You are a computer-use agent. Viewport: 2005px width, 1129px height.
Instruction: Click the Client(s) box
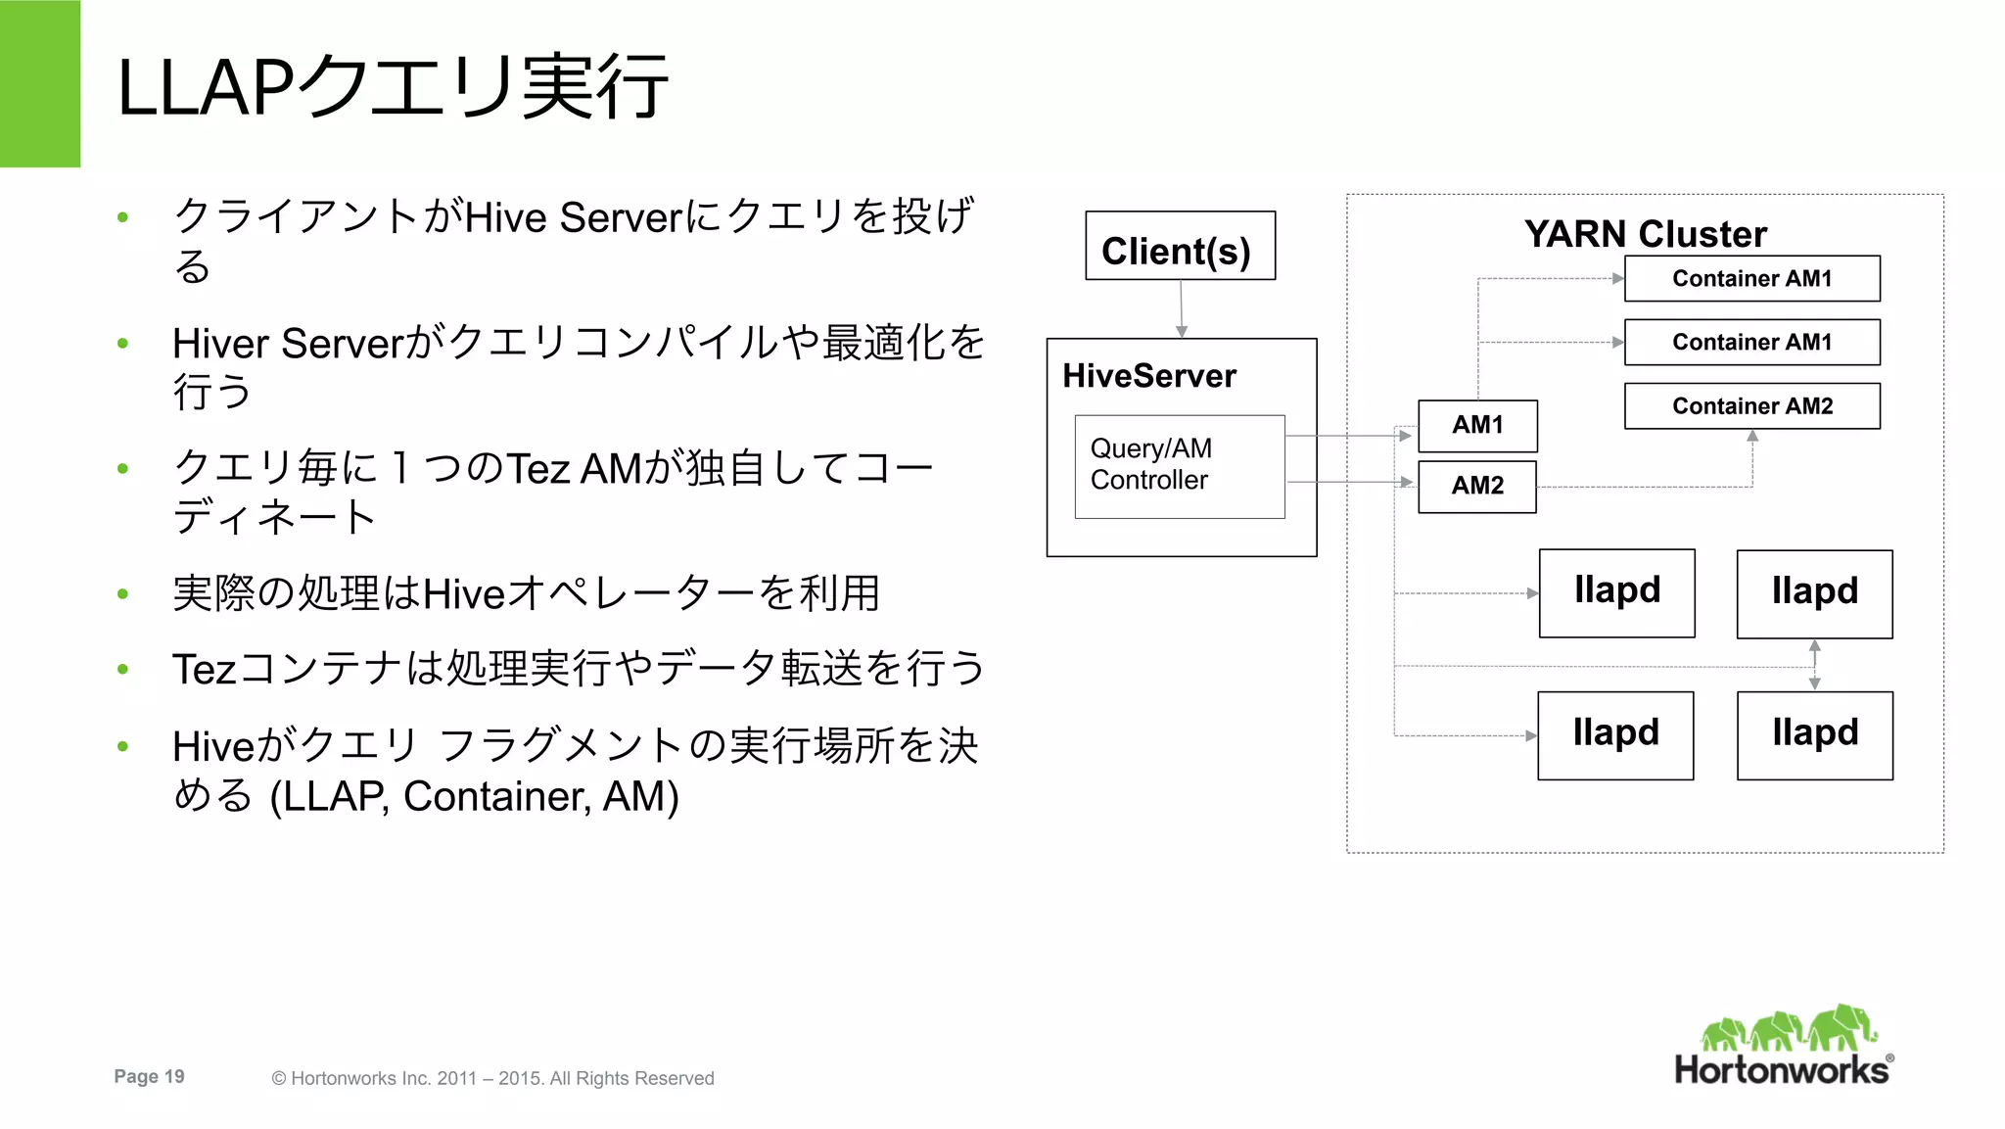coord(1180,246)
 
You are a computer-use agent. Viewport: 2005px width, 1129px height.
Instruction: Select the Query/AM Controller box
coord(1179,466)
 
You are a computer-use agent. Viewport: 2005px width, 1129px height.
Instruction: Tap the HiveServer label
coord(1148,376)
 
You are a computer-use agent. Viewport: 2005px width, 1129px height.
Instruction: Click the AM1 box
coord(1476,425)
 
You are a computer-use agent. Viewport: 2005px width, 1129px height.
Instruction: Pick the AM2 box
coord(1476,486)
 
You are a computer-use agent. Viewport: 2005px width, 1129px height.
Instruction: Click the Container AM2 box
coord(1751,405)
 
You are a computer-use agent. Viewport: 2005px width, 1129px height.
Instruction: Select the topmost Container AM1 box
coord(1751,278)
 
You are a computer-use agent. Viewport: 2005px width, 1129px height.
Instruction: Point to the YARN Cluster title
coord(1645,234)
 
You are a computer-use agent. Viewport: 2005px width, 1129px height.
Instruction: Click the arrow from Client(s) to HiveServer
coord(1181,309)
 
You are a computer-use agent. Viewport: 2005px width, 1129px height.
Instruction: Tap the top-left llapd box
coord(1616,592)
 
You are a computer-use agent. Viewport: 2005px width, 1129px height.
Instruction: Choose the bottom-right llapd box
coord(1814,734)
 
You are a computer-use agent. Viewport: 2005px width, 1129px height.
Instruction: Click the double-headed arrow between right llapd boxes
coord(1814,665)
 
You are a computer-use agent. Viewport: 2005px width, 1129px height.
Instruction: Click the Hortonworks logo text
coord(1781,1069)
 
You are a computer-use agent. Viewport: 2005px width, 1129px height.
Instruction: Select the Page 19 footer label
coord(149,1076)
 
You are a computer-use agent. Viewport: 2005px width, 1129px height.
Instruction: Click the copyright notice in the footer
coord(492,1078)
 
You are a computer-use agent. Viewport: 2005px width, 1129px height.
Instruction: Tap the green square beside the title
coord(40,83)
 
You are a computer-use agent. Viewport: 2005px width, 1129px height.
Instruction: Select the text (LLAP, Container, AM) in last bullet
coord(474,796)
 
